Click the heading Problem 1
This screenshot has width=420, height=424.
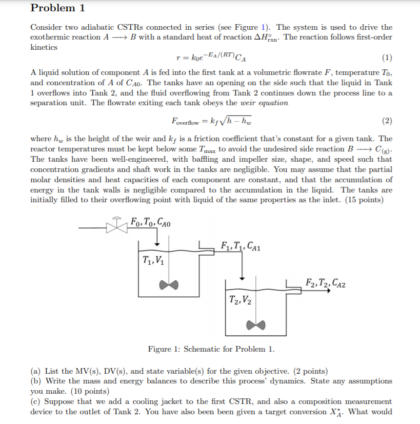click(x=57, y=8)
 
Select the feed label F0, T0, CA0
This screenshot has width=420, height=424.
click(x=150, y=222)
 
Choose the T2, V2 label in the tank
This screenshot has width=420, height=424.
click(x=239, y=300)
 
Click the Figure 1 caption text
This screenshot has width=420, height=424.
click(x=211, y=349)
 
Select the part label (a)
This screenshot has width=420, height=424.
click(x=36, y=371)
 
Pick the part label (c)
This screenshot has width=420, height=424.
click(x=36, y=401)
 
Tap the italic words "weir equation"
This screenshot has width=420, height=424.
click(x=264, y=103)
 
